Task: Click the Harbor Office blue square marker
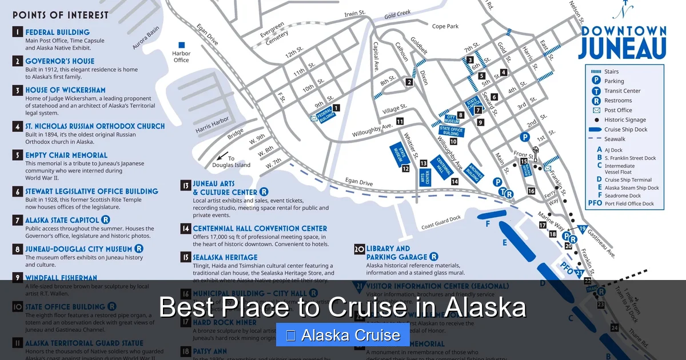182,45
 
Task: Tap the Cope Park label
445,26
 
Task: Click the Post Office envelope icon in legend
596,110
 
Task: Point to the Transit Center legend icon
596,91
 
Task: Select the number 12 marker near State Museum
405,169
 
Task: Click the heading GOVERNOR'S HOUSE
59,61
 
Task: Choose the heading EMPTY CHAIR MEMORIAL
66,155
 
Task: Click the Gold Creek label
397,14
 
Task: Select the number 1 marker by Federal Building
337,107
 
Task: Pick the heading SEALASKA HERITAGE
225,257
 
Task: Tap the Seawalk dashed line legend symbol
596,139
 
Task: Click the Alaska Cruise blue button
343,335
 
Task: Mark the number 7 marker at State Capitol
478,110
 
